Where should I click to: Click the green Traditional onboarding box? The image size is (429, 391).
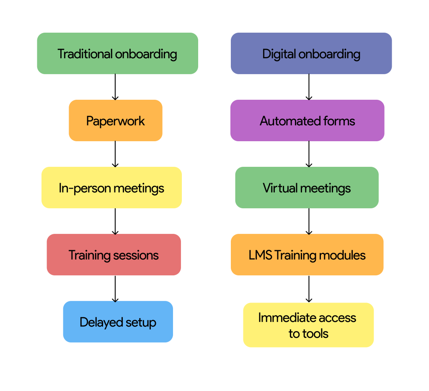tap(117, 54)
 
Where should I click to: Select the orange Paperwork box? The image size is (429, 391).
tap(115, 121)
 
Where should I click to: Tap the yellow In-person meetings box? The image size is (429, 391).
tap(111, 188)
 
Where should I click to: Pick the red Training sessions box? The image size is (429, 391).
tap(114, 255)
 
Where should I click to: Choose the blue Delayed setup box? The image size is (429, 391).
tap(118, 322)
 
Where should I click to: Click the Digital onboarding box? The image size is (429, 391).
tap(311, 54)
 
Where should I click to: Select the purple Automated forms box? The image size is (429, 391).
tap(307, 121)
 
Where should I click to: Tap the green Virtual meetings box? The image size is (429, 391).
tap(307, 188)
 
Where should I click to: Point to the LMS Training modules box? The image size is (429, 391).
tap(307, 255)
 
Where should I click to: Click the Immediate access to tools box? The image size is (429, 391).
tap(308, 325)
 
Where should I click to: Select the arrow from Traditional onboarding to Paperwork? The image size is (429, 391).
tap(115, 87)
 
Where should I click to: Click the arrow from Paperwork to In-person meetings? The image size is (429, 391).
tap(115, 154)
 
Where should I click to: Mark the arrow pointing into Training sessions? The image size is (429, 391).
tap(115, 221)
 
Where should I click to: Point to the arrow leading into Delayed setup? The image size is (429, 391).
tap(115, 288)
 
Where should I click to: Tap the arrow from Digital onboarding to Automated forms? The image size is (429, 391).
tap(309, 87)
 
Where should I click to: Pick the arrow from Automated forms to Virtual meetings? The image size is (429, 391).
tap(309, 154)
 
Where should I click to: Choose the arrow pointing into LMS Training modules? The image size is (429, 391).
tap(309, 221)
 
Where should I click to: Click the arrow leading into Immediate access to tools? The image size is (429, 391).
tap(309, 289)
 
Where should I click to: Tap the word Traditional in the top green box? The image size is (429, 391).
tap(85, 54)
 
